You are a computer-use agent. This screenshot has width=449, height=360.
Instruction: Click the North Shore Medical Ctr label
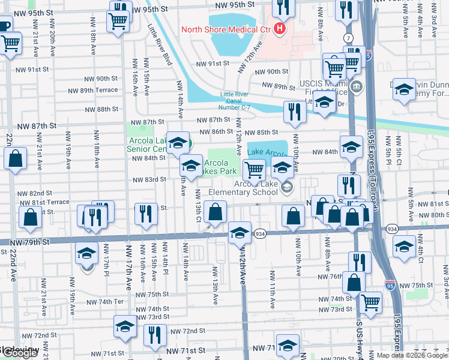pos(225,28)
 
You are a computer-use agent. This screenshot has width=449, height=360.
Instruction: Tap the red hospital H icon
pos(279,28)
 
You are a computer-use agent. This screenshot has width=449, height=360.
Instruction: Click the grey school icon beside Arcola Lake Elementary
pos(288,188)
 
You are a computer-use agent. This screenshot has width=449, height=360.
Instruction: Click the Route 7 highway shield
pos(348,38)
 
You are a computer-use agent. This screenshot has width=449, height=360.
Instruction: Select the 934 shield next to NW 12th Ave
pos(259,233)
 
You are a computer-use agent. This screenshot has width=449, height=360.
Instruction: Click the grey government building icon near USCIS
pos(357,88)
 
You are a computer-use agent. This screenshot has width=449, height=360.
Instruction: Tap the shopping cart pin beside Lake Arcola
pos(254,170)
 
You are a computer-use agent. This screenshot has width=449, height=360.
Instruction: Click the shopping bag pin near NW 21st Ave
pos(16,158)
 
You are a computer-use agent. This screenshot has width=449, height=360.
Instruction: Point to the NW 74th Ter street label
pos(104,302)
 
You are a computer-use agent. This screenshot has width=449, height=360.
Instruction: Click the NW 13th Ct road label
pos(198,205)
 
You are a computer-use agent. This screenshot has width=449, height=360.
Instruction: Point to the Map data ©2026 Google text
pos(411,355)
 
